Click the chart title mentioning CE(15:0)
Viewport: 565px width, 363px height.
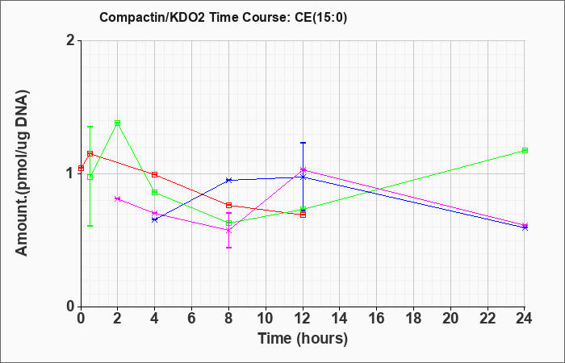pos(223,17)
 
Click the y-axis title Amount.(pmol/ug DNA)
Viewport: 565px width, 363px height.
pos(22,173)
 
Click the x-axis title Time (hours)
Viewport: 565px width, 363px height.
pos(303,339)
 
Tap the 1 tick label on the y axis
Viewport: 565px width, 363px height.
pos(72,173)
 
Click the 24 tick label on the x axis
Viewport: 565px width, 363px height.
pos(525,318)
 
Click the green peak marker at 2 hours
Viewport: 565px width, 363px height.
pos(118,123)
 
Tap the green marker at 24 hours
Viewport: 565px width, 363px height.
pos(525,151)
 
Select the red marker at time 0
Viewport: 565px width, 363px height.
pos(81,168)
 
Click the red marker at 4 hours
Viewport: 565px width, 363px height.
pos(155,175)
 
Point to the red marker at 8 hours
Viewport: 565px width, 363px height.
pos(228,205)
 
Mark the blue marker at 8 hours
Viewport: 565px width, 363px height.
pos(228,180)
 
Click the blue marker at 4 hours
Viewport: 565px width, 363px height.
pos(155,219)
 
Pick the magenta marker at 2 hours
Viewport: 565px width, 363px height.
pos(118,198)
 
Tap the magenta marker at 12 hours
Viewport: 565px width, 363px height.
pos(303,169)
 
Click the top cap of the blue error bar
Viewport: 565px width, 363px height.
pos(303,143)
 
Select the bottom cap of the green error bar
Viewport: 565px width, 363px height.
pos(90,226)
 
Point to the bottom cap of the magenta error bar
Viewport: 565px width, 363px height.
pos(228,248)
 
